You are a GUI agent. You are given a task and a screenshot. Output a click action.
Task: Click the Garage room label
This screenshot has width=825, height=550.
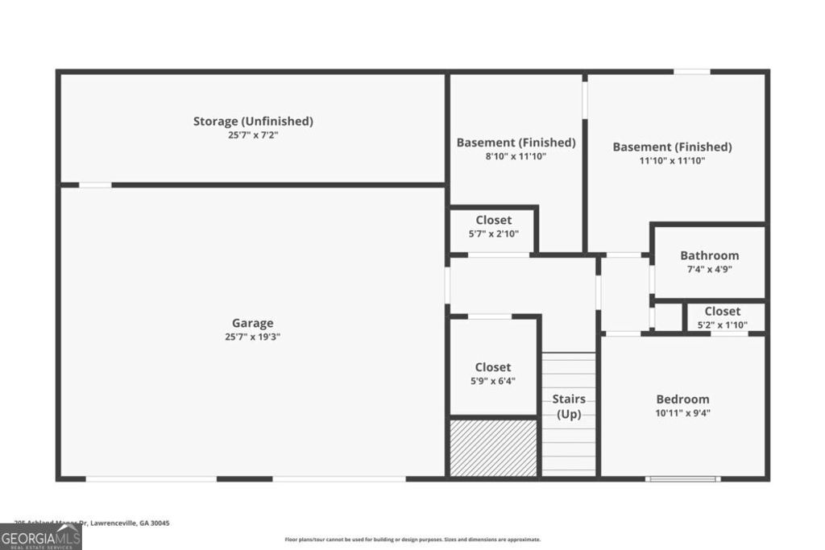click(x=254, y=323)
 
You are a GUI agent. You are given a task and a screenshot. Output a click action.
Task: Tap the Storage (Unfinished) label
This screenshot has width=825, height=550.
click(x=253, y=122)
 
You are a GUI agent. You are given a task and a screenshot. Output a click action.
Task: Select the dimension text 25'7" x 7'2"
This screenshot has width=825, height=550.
click(x=253, y=136)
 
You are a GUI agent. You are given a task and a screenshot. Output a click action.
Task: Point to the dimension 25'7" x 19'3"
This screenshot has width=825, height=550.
click(x=253, y=337)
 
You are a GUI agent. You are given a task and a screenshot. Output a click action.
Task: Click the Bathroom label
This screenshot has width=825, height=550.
click(x=709, y=255)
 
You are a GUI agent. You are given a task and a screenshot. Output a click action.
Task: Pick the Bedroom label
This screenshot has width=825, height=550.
click(x=682, y=399)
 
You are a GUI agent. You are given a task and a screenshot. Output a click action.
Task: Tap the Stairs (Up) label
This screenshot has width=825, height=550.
click(x=569, y=407)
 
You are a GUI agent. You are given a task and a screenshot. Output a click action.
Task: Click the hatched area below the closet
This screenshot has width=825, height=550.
click(x=493, y=448)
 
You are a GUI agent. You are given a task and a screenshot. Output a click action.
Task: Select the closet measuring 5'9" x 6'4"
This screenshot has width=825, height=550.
click(x=492, y=367)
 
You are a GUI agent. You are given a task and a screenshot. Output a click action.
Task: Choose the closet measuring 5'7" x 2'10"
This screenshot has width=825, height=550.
click(x=493, y=220)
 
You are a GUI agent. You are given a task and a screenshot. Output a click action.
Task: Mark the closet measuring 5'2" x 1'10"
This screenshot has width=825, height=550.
click(x=722, y=311)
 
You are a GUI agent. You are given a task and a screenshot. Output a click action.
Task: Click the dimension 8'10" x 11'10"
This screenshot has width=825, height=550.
click(x=516, y=157)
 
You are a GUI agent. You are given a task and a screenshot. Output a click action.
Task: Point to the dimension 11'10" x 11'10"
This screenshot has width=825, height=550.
click(x=672, y=161)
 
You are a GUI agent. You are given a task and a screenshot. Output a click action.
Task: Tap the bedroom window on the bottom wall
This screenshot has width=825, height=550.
click(x=682, y=479)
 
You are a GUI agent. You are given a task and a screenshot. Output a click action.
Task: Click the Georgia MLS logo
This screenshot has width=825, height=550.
click(x=40, y=536)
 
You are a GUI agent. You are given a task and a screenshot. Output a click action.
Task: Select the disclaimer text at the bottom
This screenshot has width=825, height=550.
click(x=412, y=540)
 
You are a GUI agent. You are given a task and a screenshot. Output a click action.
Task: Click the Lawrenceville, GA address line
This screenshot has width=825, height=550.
click(x=92, y=523)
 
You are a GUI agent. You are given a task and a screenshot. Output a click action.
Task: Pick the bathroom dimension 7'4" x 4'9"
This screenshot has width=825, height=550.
click(x=709, y=270)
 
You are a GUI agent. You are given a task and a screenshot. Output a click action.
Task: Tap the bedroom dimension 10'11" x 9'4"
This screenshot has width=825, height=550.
click(x=682, y=413)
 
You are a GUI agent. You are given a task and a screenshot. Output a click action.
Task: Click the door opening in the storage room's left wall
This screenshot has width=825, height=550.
click(x=95, y=185)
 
